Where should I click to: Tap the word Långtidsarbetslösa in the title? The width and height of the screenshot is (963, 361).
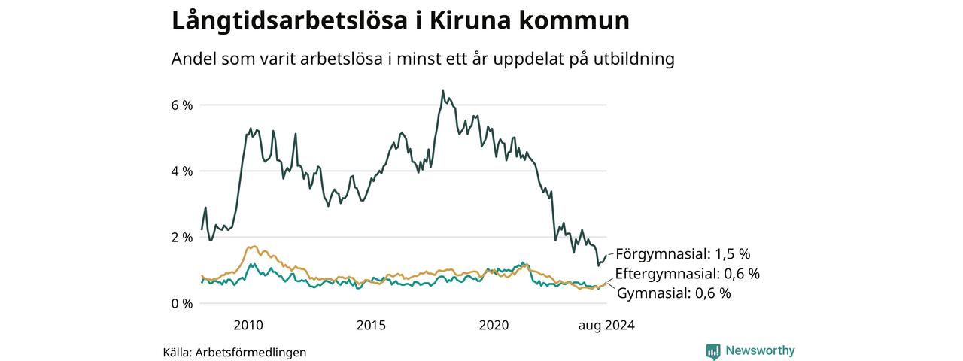click(x=289, y=20)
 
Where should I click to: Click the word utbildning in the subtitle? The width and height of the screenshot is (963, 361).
click(x=633, y=59)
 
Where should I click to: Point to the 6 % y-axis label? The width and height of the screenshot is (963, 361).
click(x=182, y=105)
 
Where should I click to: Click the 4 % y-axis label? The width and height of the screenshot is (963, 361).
click(x=182, y=171)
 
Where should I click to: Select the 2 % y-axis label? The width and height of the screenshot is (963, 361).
click(x=182, y=238)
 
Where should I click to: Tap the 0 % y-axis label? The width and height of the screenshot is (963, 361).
click(x=182, y=304)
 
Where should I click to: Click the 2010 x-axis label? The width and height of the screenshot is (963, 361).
click(x=248, y=326)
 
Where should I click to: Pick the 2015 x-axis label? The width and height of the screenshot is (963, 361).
click(x=371, y=326)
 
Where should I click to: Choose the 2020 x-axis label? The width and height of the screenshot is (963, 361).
click(x=494, y=326)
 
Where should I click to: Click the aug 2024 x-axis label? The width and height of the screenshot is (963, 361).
click(x=606, y=326)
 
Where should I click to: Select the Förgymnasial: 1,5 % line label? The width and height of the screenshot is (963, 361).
click(x=682, y=254)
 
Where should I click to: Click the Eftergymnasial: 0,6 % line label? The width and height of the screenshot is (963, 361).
click(x=688, y=274)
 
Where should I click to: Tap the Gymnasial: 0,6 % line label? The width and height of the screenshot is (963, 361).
click(x=673, y=293)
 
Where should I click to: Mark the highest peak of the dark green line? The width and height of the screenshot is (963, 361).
click(x=443, y=91)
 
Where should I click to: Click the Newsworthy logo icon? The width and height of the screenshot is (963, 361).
click(x=713, y=351)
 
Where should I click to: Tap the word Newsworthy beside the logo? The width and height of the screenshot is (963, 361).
click(x=760, y=350)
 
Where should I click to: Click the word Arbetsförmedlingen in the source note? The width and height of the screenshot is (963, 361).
click(x=251, y=353)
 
